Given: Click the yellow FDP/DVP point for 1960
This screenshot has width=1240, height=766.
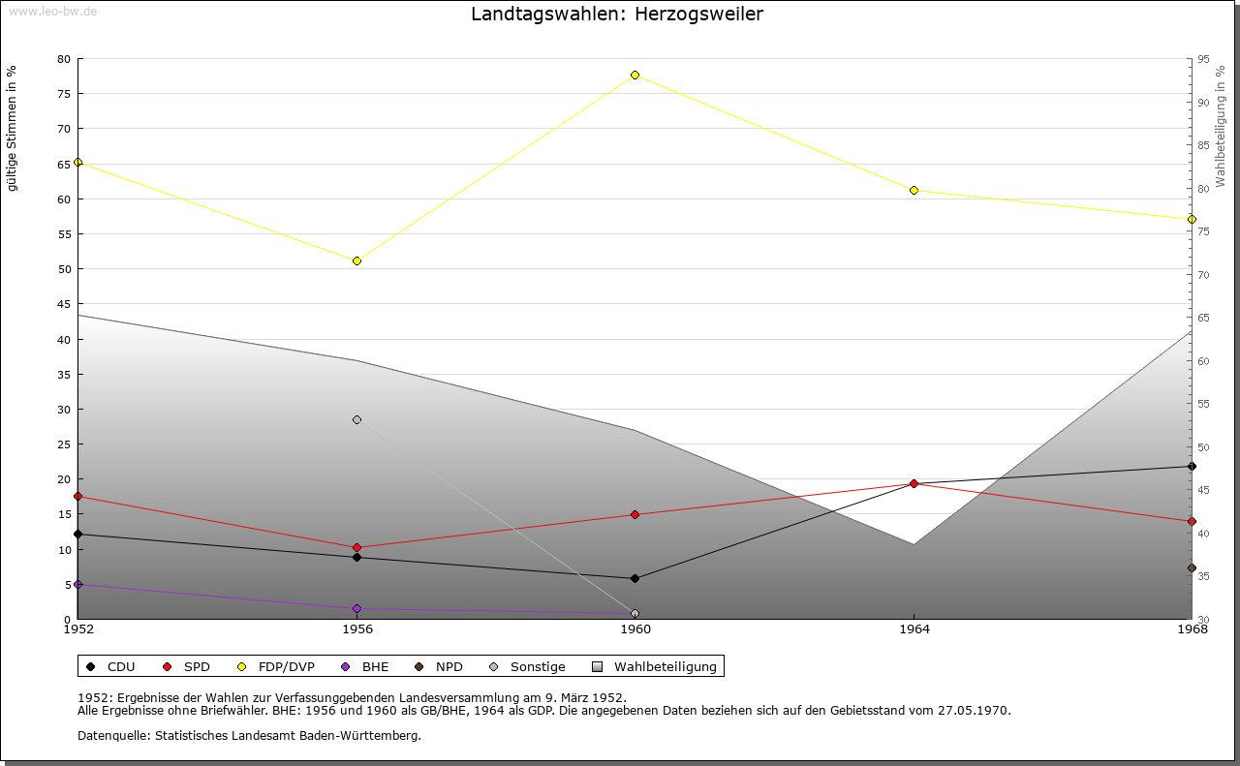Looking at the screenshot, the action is click(x=635, y=76).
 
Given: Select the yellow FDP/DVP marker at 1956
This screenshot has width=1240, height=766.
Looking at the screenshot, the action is click(x=357, y=260).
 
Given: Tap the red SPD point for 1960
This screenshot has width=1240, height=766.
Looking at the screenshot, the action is click(x=635, y=515).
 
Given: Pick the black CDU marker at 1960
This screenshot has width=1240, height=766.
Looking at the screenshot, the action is click(x=635, y=578).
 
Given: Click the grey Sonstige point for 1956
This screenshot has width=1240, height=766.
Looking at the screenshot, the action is click(x=357, y=420).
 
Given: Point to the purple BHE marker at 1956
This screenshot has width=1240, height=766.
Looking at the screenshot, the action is click(x=357, y=609).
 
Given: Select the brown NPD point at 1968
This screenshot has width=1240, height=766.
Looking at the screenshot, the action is click(x=1192, y=567).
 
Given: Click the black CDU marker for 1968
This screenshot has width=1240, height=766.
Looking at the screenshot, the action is click(x=1192, y=467).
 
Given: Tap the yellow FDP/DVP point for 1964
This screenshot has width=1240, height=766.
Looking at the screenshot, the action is click(x=914, y=191).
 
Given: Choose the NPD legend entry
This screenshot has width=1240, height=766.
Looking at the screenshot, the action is click(x=439, y=666).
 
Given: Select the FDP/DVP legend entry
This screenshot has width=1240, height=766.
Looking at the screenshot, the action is click(x=276, y=666).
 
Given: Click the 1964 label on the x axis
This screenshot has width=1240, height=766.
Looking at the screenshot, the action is click(x=914, y=629).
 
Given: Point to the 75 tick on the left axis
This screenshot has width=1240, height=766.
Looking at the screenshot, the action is click(x=64, y=94).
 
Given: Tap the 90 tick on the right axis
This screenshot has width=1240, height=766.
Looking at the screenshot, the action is click(x=1203, y=103).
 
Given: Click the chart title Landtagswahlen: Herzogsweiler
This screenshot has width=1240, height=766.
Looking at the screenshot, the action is click(x=617, y=14).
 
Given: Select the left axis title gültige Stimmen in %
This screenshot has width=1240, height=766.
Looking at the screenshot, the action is click(x=12, y=129).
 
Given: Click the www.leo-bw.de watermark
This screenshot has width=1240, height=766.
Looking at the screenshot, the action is click(x=52, y=11).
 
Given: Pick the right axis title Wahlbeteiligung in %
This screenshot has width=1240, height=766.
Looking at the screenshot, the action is click(x=1220, y=126).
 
